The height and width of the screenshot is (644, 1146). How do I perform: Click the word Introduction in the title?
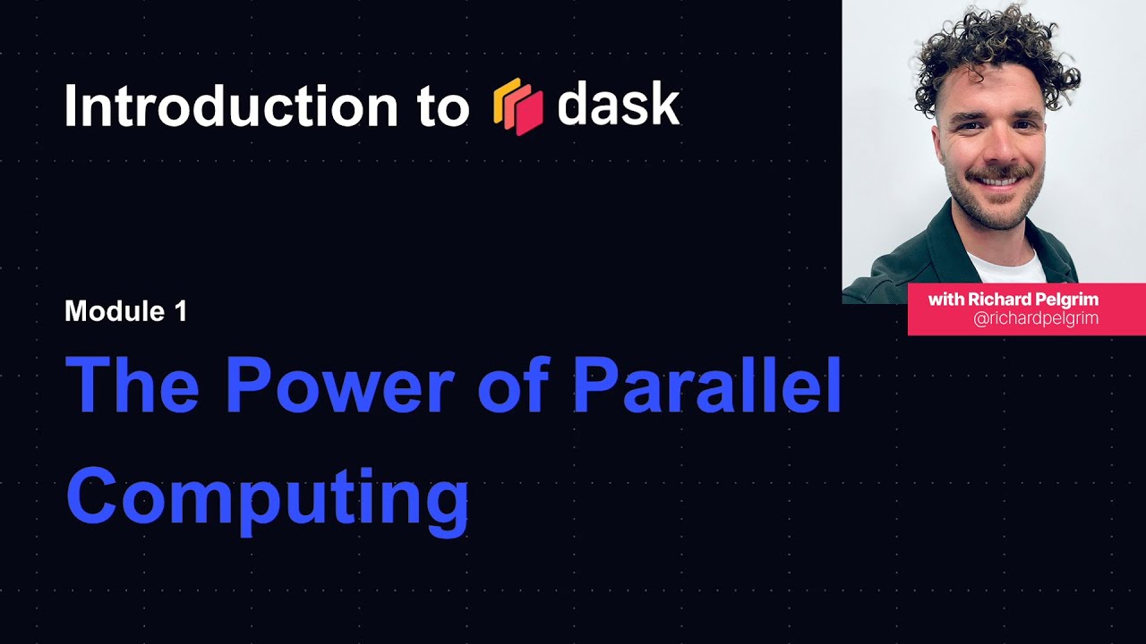tap(231, 106)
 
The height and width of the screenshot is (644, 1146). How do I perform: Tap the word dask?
tap(618, 106)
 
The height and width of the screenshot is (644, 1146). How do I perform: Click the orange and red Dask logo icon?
tap(518, 106)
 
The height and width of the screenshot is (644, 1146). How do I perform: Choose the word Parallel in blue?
tap(707, 386)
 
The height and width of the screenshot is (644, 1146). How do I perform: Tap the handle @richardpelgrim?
tap(1036, 318)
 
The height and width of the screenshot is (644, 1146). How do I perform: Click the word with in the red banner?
tap(945, 300)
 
